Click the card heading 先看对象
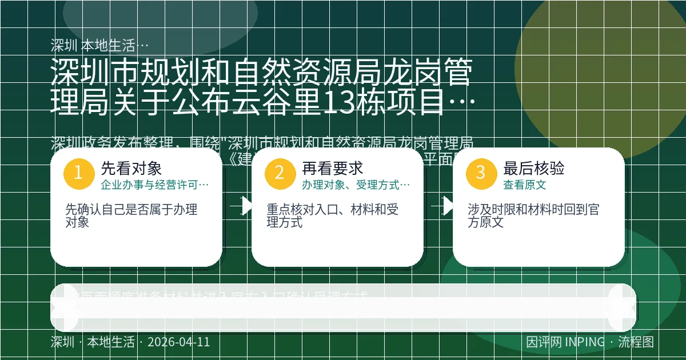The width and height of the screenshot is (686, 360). click(131, 168)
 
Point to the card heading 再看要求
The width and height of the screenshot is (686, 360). click(333, 168)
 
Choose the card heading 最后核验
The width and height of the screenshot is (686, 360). click(534, 168)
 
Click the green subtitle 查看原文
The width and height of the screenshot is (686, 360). click(524, 185)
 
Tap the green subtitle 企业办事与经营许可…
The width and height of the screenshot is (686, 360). click(154, 185)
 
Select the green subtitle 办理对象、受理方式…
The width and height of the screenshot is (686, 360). click(356, 185)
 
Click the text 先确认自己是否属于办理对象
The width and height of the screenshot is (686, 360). click(131, 216)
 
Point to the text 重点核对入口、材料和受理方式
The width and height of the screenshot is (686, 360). click(332, 216)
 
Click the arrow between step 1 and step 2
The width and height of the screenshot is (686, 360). click(242, 206)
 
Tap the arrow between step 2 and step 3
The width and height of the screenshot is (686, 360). click(444, 206)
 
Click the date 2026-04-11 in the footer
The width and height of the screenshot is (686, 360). click(178, 342)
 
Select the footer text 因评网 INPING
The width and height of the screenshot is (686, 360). click(565, 342)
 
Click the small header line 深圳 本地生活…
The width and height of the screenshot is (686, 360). click(99, 45)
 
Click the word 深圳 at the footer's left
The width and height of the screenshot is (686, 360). click(62, 342)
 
